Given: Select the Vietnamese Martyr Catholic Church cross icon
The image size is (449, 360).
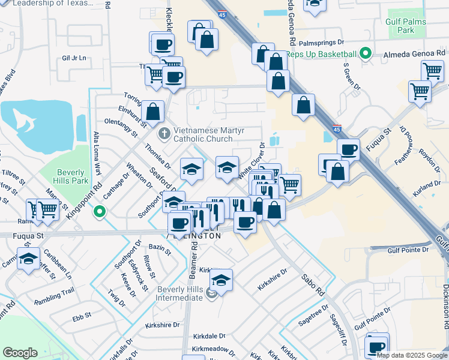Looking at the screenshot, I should click(164, 131).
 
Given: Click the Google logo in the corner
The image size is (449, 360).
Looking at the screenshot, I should click(20, 353).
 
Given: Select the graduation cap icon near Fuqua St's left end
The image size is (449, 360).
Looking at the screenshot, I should click(28, 259).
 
